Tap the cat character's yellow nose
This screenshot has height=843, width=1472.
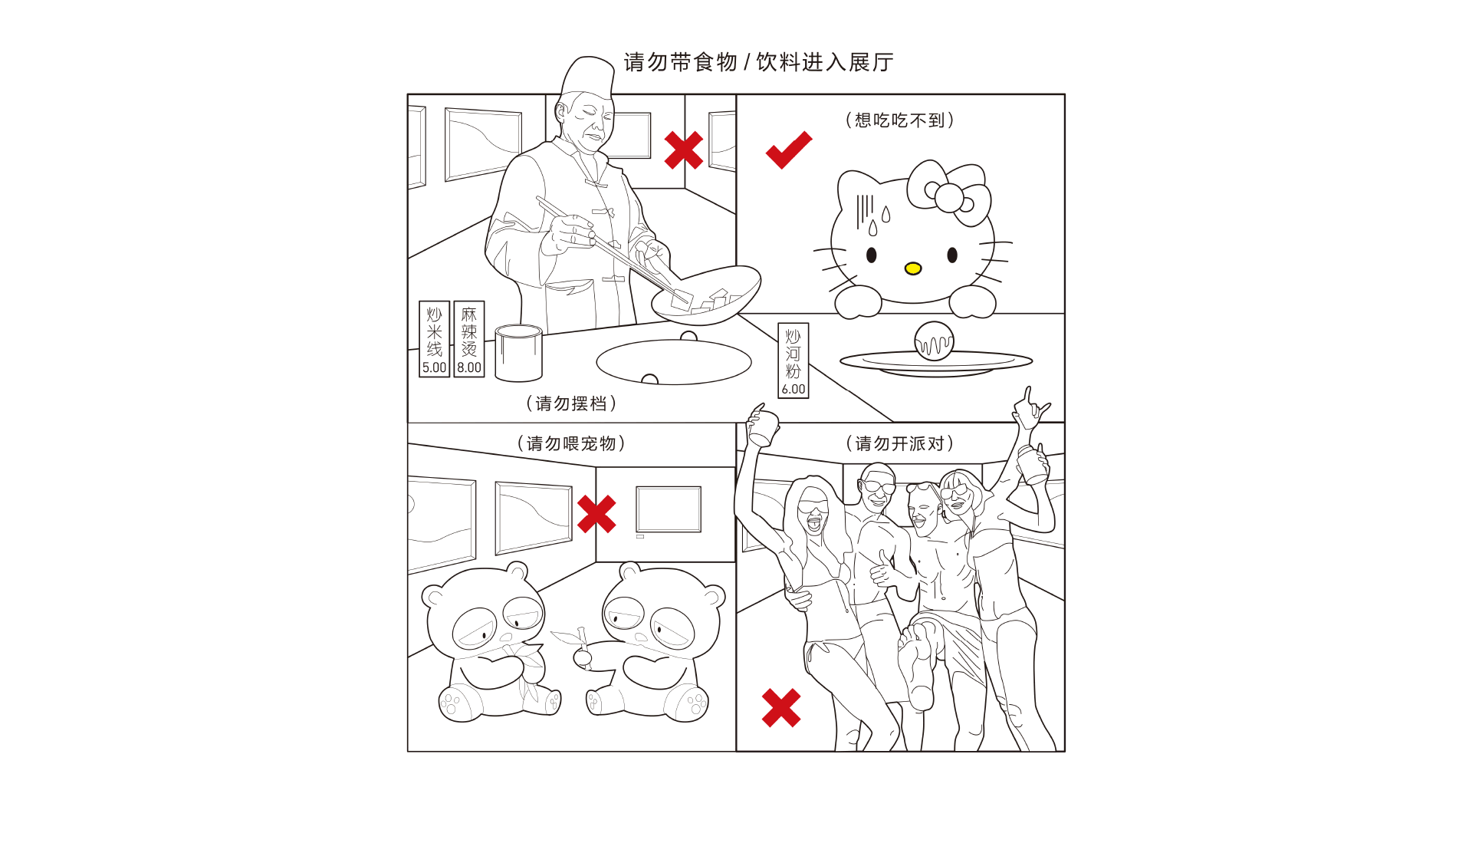912,268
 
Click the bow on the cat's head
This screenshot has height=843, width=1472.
950,193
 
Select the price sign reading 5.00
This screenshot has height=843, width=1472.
434,338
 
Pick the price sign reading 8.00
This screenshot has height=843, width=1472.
469,338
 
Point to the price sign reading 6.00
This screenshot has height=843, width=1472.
793,360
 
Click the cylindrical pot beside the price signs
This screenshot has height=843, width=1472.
518,353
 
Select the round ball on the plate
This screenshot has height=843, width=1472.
934,341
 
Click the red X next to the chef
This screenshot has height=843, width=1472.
684,150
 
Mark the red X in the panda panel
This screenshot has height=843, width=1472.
596,514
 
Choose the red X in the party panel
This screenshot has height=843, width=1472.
781,707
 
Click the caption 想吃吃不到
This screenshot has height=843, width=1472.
899,120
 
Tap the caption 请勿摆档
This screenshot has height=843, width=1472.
571,403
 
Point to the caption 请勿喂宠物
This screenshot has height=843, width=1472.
571,443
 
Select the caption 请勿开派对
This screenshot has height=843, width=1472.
899,443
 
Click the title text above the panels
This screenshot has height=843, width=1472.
758,62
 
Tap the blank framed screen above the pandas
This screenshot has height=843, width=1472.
669,509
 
